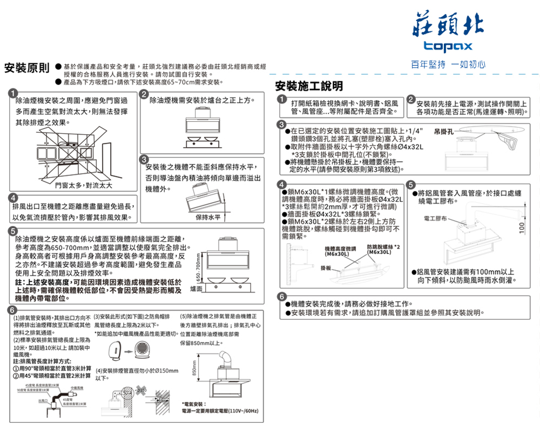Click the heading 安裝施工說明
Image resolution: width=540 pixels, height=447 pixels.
[x=308, y=87]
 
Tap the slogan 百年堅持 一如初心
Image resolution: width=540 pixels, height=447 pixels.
[x=448, y=64]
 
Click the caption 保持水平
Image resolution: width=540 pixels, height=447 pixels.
[x=209, y=217]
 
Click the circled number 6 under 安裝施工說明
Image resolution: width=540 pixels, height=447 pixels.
[x=282, y=297]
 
